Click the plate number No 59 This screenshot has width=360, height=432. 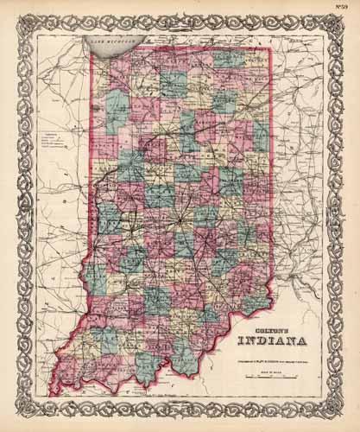pyautogui.click(x=348, y=10)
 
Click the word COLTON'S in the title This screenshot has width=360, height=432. pyautogui.click(x=258, y=316)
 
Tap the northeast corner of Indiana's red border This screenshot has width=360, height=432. pyautogui.click(x=271, y=48)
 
